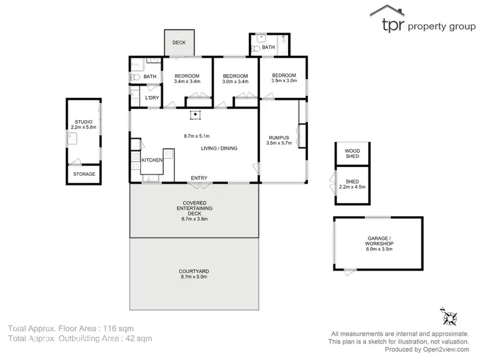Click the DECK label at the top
179,43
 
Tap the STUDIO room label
83,121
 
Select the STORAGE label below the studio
84,174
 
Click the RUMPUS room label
278,137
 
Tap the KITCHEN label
152,160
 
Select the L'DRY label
152,98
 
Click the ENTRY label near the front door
199,178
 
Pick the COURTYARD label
194,272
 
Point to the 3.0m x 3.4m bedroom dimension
234,81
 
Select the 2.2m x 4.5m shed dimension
352,187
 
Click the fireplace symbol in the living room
196,115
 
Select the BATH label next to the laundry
150,77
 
